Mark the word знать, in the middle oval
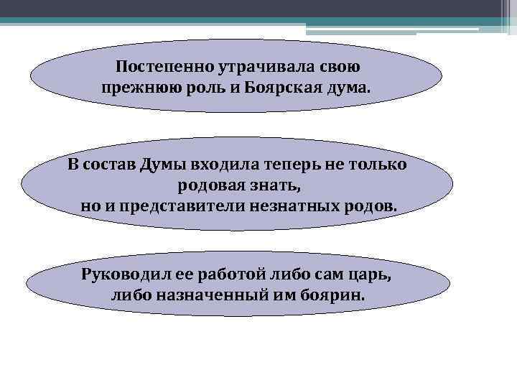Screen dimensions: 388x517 (x=274, y=186)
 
